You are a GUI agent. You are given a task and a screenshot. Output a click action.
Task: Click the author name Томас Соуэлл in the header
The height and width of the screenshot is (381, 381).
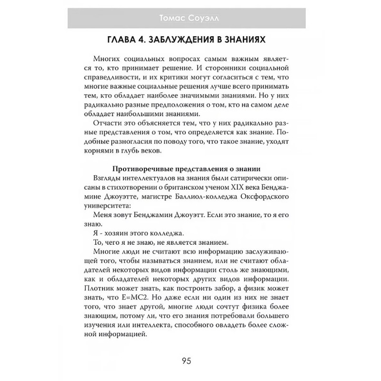[190, 19]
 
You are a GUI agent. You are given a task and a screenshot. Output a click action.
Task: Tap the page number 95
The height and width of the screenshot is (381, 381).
[190, 359]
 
